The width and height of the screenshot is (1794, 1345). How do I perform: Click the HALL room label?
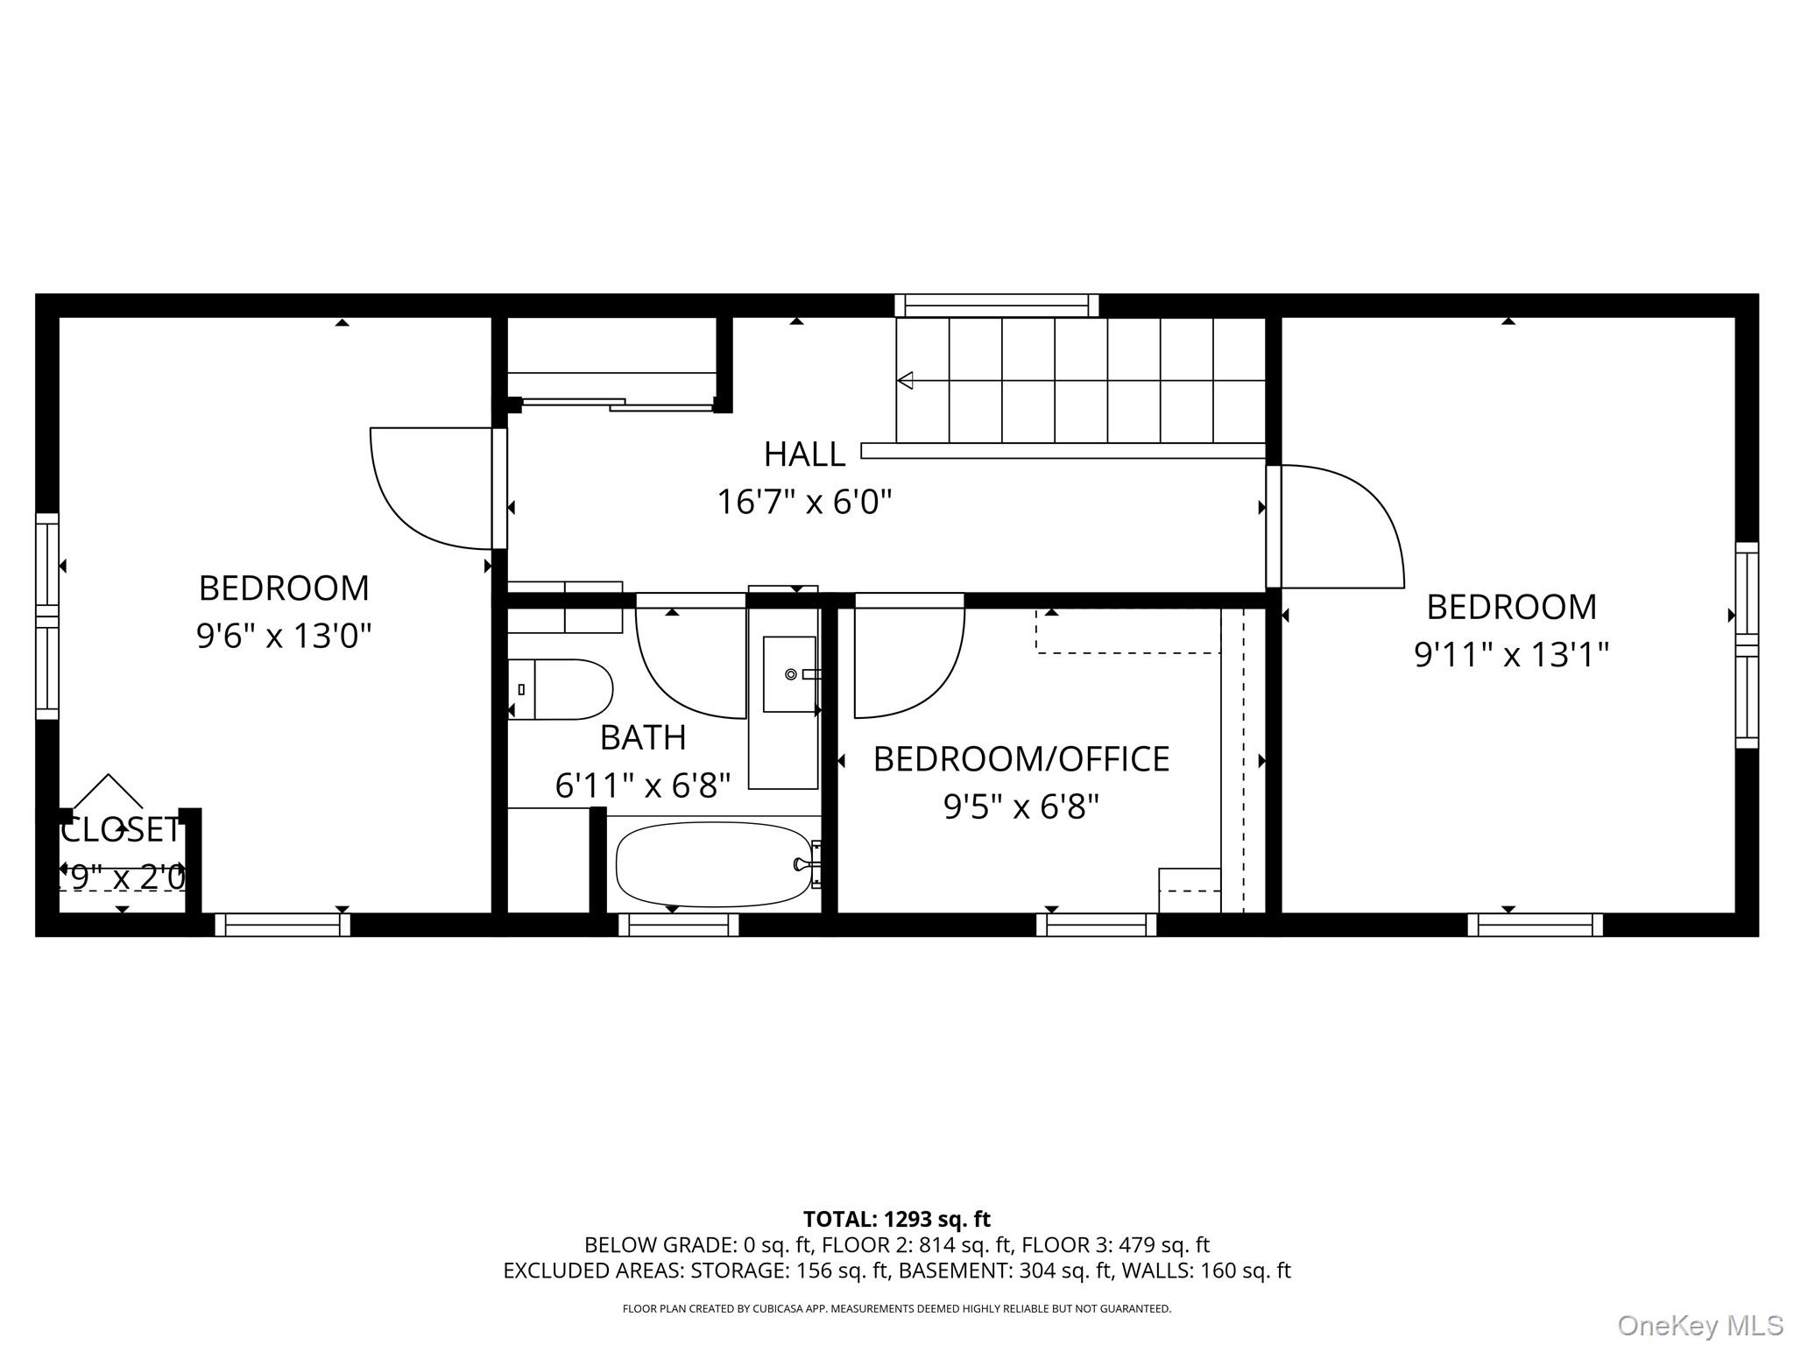(x=804, y=454)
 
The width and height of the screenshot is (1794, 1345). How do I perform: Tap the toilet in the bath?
(x=561, y=689)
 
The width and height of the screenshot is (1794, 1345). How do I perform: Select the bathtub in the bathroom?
(x=714, y=864)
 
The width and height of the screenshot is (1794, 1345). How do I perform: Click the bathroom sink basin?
(x=789, y=674)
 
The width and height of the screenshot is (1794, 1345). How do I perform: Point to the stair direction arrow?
(x=906, y=380)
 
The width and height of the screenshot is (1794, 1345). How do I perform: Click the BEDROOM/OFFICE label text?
(x=1021, y=759)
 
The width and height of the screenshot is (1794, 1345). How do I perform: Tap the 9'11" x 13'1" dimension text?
(x=1511, y=654)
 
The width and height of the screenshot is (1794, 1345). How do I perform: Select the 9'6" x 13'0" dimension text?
(x=284, y=636)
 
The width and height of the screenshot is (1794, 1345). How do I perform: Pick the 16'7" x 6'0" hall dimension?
(x=804, y=503)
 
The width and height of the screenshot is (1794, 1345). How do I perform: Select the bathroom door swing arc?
(x=683, y=665)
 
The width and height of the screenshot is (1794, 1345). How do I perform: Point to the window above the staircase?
(x=997, y=306)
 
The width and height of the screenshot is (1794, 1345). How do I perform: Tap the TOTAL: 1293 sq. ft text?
(x=896, y=1219)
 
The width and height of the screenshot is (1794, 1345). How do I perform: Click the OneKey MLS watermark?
(x=1699, y=1326)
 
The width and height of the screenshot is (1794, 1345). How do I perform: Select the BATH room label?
(x=643, y=738)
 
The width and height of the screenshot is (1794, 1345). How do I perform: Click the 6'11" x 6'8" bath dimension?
(x=643, y=785)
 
